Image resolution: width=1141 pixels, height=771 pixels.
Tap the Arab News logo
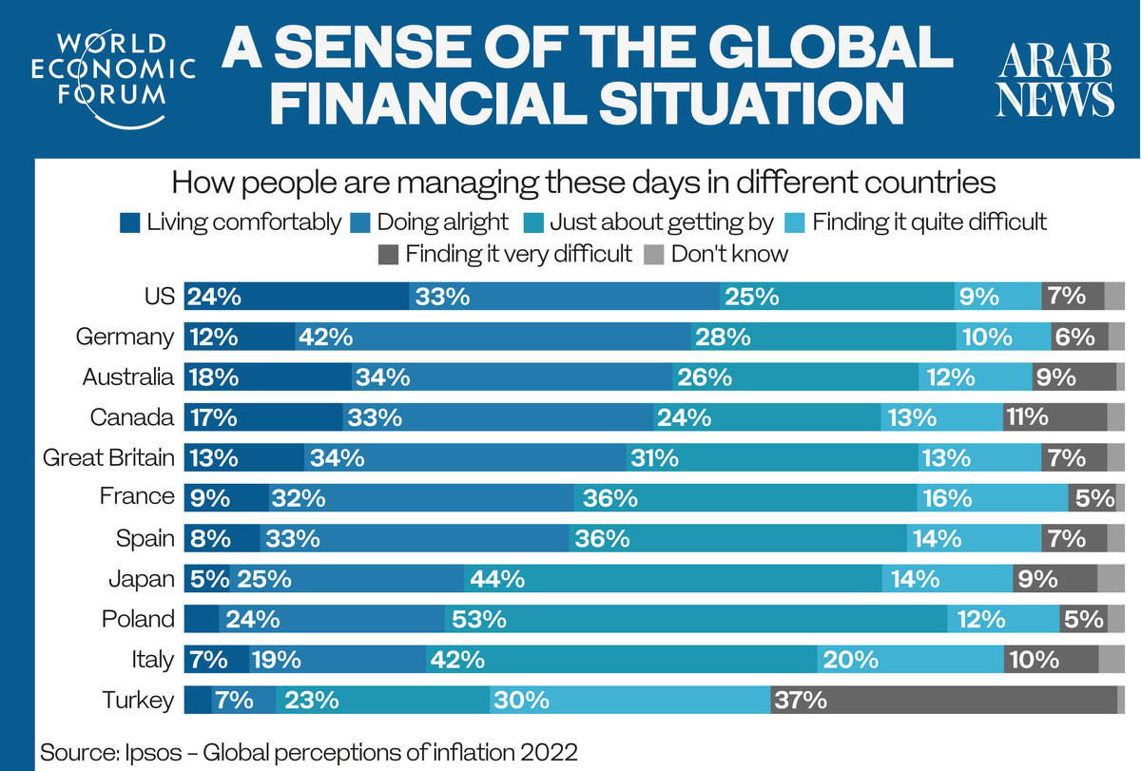point(1054,84)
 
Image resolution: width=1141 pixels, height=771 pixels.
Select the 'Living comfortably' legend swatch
point(130,223)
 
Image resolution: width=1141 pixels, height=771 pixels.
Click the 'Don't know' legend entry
point(717,254)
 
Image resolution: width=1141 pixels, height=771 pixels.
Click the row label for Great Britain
point(109,457)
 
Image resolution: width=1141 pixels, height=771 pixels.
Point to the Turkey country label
point(139,701)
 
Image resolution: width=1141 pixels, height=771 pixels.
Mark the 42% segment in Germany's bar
point(493,337)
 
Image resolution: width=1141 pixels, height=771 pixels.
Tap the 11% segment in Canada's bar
point(1054,417)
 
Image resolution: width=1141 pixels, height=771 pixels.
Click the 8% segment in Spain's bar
point(222,539)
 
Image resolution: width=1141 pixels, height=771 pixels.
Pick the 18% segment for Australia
point(267,377)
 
